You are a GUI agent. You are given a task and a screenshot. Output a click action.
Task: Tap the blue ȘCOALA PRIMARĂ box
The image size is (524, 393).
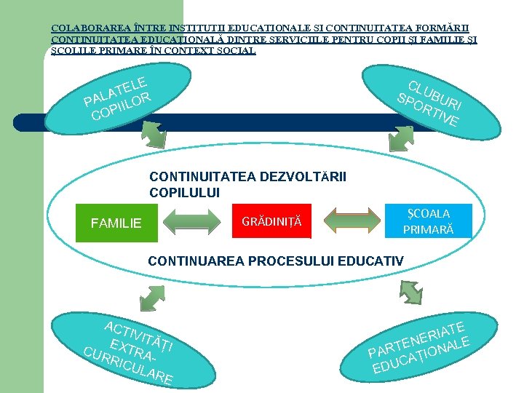pos(429,221)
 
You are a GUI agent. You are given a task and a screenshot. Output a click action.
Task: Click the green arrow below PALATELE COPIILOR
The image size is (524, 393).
pos(154,132)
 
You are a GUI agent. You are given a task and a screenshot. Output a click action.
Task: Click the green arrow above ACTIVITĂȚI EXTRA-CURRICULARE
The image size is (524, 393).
pos(151,298)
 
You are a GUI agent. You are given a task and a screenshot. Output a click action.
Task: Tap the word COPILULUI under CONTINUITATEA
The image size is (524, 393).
pos(184,193)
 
